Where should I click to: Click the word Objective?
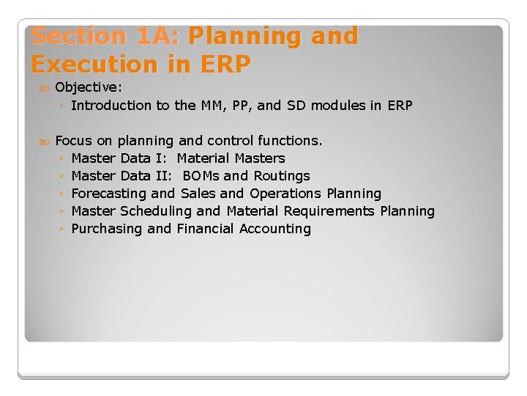point(89,87)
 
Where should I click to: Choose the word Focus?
point(74,141)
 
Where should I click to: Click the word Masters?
point(260,158)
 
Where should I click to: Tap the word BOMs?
point(201,176)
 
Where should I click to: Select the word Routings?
point(282,176)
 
